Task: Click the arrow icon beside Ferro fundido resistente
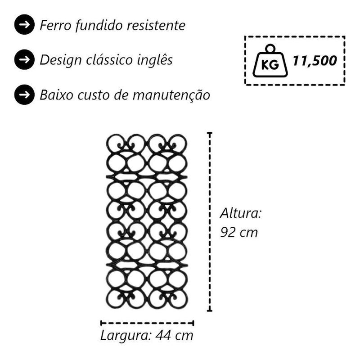[x=24, y=25]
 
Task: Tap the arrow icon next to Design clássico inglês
[x=24, y=60]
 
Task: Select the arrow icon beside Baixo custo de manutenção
[x=24, y=94]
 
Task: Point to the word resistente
[x=156, y=25]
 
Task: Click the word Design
[x=61, y=60]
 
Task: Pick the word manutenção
[x=171, y=95]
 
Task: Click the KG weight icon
[x=270, y=61]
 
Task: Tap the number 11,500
[x=315, y=61]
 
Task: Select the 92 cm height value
[x=239, y=232]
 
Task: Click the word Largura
[x=126, y=336]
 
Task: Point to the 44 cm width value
[x=175, y=335]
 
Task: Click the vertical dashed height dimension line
[x=209, y=222]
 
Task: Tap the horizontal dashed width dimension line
[x=147, y=323]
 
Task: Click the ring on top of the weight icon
[x=270, y=49]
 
